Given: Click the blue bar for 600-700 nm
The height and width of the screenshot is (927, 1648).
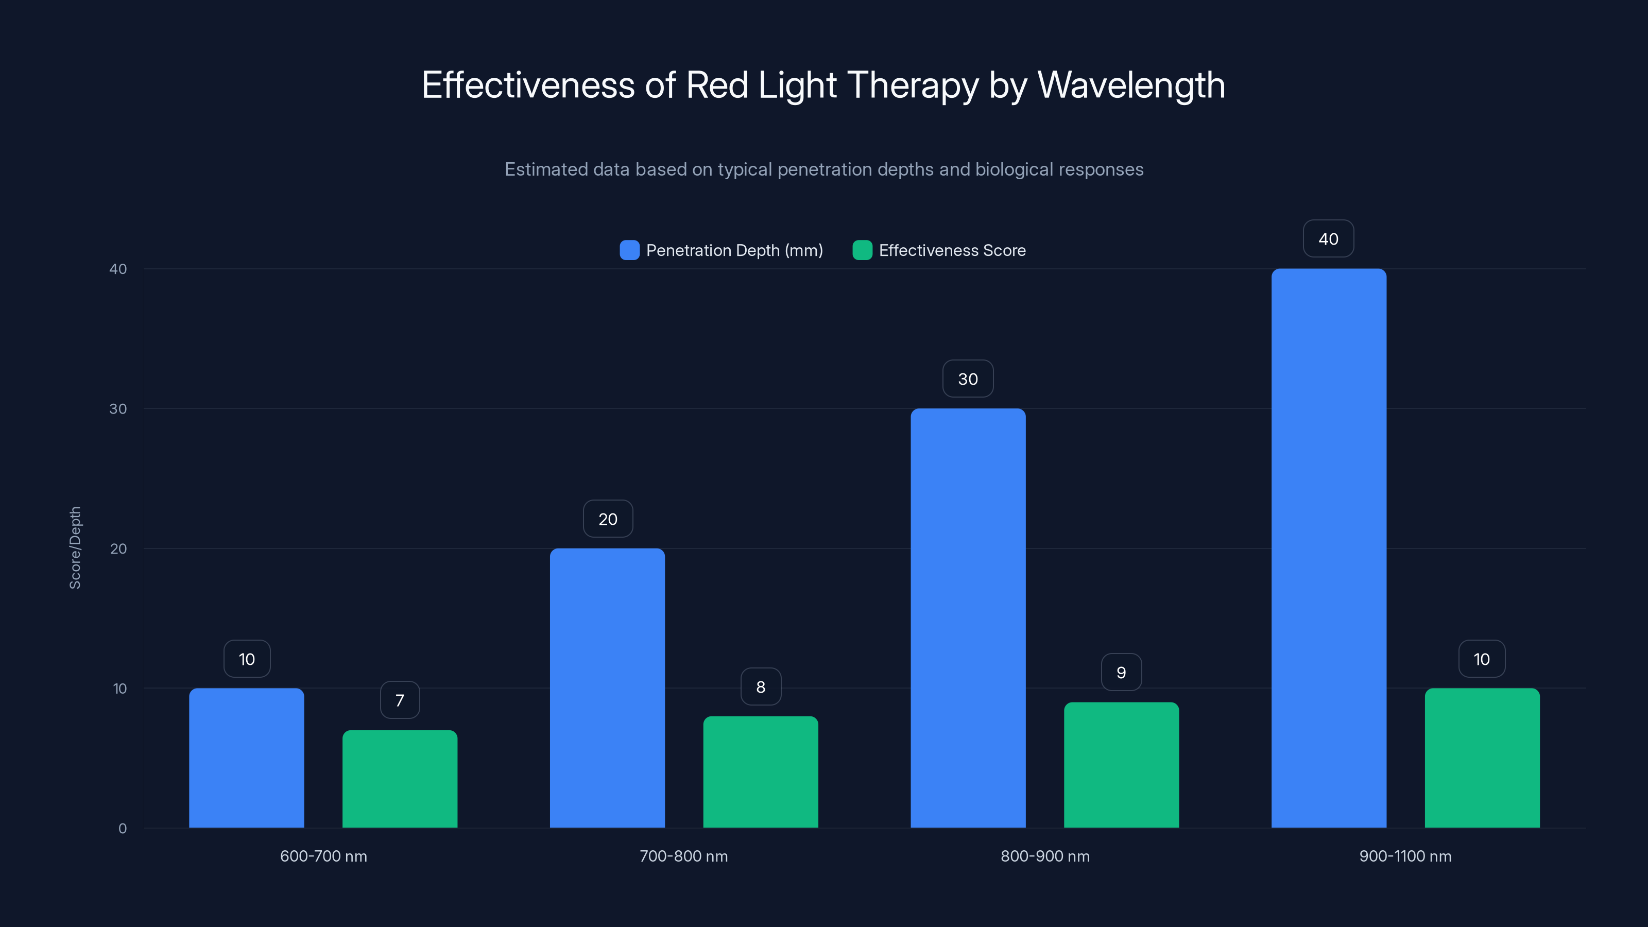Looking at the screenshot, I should point(246,758).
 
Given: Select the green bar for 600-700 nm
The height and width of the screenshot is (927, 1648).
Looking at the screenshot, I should point(400,779).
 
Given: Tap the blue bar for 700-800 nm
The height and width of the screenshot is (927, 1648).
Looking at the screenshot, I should point(607,688).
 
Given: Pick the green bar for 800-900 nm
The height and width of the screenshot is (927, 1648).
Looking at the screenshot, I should point(1121,765).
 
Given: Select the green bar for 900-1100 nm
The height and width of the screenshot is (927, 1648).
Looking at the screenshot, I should point(1482,758).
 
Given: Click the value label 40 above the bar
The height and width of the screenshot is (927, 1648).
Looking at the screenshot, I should point(1328,238).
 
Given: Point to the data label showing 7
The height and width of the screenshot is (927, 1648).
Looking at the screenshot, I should point(400,700).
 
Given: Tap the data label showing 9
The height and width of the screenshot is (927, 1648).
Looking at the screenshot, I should point(1121,673).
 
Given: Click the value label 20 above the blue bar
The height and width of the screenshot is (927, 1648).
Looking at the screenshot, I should point(608,519).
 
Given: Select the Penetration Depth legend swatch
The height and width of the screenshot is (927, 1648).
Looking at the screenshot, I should point(629,250).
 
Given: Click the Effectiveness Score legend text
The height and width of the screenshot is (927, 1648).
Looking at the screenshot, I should point(952,250).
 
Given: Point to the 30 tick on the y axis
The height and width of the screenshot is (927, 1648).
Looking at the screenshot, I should point(118,409).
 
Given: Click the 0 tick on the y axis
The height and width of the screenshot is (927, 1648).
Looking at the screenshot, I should point(122,829).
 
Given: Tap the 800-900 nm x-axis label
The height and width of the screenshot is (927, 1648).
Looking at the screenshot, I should point(1045,856).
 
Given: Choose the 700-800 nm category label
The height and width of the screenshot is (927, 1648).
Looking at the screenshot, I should point(683,856).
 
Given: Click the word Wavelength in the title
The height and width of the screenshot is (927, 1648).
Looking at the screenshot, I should point(1130,85).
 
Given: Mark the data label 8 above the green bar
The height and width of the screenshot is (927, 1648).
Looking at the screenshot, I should point(761,686).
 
